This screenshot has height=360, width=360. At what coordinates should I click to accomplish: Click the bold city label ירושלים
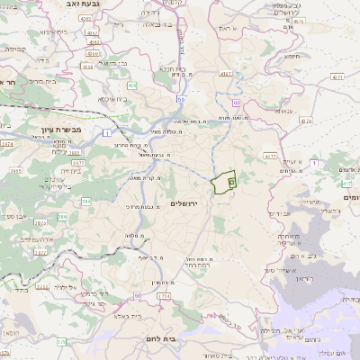pyautogui.click(x=189, y=204)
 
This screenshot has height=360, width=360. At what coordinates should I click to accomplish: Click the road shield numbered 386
pyautogui.click(x=85, y=201)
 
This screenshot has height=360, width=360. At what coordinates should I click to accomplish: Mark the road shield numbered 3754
pyautogui.click(x=164, y=294)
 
